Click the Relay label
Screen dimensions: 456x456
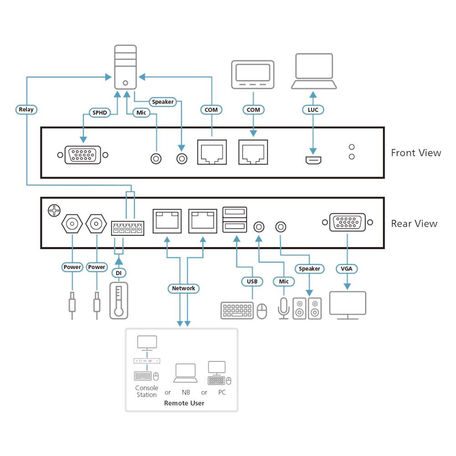26,109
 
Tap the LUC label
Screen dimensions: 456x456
313,110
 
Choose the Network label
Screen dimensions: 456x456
183,288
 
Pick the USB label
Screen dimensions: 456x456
252,281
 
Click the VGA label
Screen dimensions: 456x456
347,269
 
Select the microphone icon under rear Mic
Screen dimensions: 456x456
283,308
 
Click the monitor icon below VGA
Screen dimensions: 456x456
347,305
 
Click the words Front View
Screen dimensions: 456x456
416,153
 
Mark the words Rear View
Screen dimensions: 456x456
414,223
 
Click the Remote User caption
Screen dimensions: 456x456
184,403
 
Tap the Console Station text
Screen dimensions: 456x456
146,391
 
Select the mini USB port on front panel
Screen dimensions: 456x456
313,161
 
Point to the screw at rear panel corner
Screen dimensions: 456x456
54,210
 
